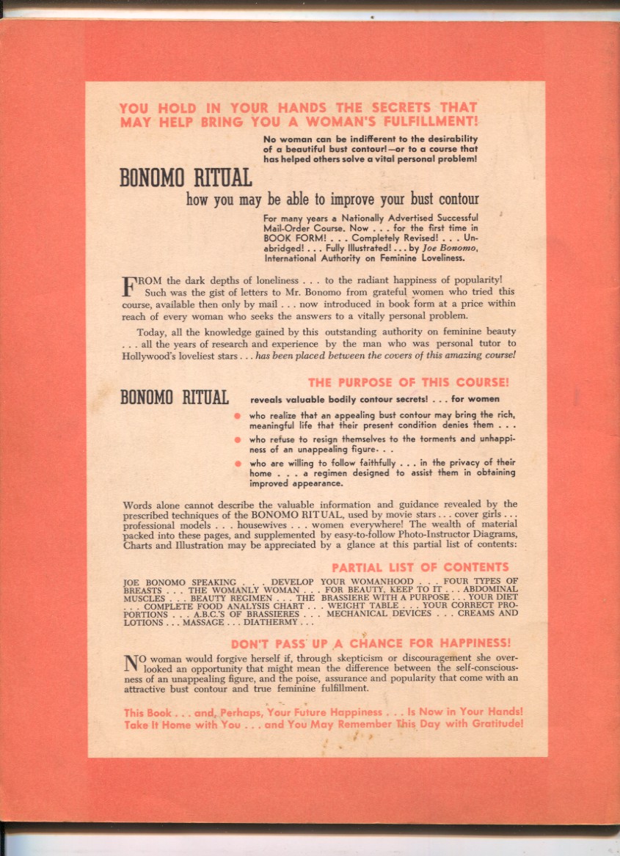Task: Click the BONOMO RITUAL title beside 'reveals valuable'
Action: coord(175,398)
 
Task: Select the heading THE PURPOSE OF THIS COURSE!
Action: coord(408,382)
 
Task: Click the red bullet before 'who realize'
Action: coord(237,415)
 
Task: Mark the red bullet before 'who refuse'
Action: coord(237,440)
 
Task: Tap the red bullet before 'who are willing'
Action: coord(237,464)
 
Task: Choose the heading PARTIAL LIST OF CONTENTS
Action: coord(420,567)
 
